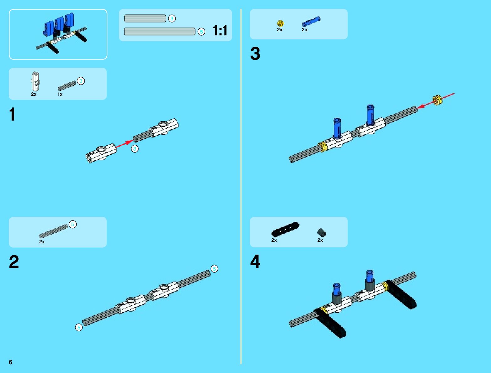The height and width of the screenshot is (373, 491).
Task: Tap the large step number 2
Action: (x=14, y=262)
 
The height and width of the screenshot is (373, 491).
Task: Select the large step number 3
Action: (x=255, y=54)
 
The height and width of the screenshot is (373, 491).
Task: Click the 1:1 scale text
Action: (x=220, y=31)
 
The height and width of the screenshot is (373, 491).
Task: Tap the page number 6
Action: (x=11, y=362)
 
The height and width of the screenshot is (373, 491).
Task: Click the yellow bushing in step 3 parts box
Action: (x=280, y=23)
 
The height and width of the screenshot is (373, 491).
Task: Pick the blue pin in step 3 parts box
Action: (x=311, y=21)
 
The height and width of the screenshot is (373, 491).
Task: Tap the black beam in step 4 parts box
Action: (x=285, y=229)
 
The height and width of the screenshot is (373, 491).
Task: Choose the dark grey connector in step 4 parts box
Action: (x=322, y=232)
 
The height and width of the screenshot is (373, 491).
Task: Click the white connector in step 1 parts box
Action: (x=35, y=81)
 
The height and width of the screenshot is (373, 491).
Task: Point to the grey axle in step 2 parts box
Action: (x=53, y=231)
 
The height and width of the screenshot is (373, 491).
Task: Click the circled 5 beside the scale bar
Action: (x=201, y=32)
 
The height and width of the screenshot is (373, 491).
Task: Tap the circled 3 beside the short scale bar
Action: (x=172, y=18)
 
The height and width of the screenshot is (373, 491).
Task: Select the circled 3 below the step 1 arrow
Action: (x=135, y=149)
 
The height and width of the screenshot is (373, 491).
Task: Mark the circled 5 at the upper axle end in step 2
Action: (x=214, y=269)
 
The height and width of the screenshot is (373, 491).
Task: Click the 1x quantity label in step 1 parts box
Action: (x=60, y=94)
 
